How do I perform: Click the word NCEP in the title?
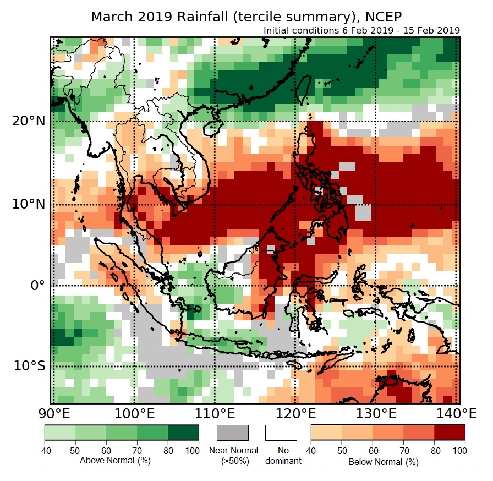pyautogui.click(x=382, y=17)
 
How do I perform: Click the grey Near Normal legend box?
pyautogui.click(x=233, y=433)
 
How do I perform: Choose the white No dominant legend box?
pyautogui.click(x=281, y=433)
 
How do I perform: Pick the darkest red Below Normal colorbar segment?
pyautogui.click(x=450, y=433)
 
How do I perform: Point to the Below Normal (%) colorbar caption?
pyautogui.click(x=384, y=462)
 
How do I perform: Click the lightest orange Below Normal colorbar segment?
pyautogui.click(x=326, y=433)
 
